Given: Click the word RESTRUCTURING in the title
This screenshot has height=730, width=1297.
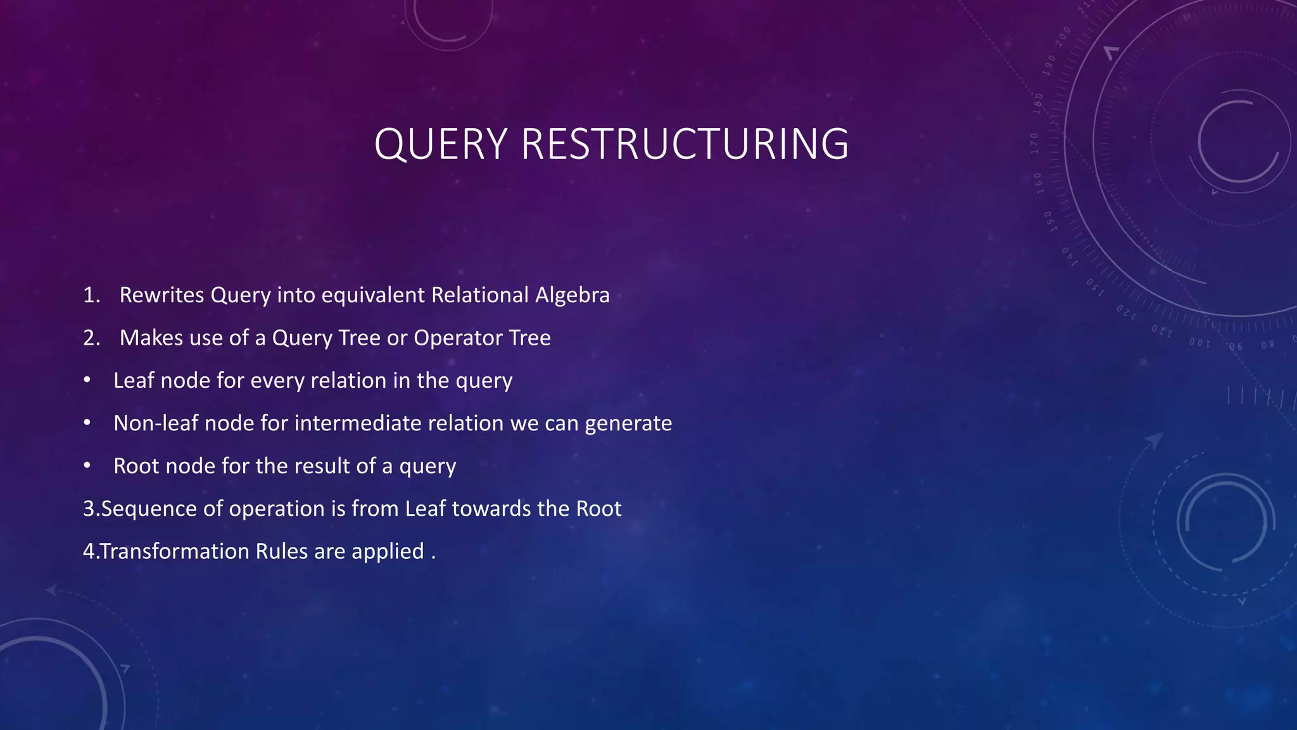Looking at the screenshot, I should point(685,144).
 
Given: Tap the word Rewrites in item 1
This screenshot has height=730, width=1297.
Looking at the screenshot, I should point(161,295).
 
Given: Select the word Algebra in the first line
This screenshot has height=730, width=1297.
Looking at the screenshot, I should point(573,295).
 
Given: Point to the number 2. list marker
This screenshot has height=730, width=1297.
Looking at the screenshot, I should point(92,338).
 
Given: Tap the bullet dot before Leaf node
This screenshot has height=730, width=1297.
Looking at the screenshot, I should point(87,380).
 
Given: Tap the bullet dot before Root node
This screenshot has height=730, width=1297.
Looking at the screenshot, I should point(87,466).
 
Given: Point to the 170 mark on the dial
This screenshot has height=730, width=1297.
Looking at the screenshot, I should point(1034,143).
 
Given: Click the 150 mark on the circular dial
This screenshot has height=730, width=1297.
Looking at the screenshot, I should point(1049,222).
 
